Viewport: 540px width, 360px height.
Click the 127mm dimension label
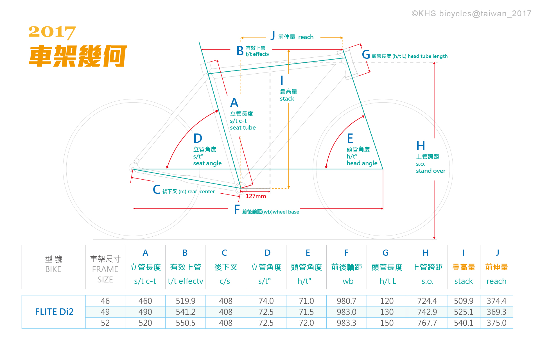pyautogui.click(x=256, y=196)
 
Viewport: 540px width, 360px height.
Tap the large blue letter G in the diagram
pyautogui.click(x=366, y=55)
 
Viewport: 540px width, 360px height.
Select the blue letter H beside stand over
pyautogui.click(x=421, y=146)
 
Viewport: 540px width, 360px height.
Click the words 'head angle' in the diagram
pyautogui.click(x=362, y=163)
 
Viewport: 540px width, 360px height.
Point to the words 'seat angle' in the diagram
pyautogui.click(x=207, y=163)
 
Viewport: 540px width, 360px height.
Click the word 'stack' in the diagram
pyautogui.click(x=287, y=99)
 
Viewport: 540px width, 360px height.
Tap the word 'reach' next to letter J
pyautogui.click(x=306, y=37)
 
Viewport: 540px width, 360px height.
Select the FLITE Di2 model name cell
pyautogui.click(x=54, y=312)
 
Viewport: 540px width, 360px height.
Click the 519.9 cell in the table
pyautogui.click(x=185, y=301)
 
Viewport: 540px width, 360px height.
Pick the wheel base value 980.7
pyautogui.click(x=346, y=301)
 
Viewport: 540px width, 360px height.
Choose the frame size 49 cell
pyautogui.click(x=105, y=312)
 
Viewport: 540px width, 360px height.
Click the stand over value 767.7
pyautogui.click(x=427, y=323)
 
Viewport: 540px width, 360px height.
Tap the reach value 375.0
pyautogui.click(x=496, y=323)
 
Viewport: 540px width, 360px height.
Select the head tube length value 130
pyautogui.click(x=387, y=312)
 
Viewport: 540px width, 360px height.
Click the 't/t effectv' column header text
pyautogui.click(x=185, y=281)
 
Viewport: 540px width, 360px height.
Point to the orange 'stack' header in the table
pyautogui.click(x=464, y=281)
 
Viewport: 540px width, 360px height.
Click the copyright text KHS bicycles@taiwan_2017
pyautogui.click(x=471, y=13)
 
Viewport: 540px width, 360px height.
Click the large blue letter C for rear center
pyautogui.click(x=157, y=190)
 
